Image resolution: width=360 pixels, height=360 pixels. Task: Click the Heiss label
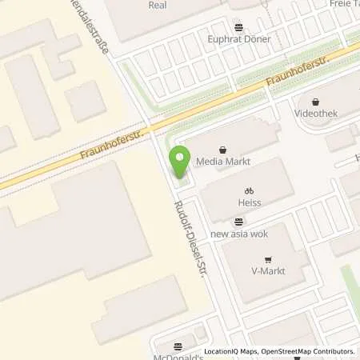249,203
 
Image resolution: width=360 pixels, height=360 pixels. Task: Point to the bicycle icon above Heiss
249,191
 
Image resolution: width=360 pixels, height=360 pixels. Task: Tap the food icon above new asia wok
238,222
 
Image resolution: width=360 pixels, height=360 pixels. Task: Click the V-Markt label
268,270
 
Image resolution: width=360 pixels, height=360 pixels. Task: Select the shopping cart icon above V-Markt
268,258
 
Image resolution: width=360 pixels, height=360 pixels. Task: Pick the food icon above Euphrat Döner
238,26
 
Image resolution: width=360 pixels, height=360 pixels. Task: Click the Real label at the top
158,5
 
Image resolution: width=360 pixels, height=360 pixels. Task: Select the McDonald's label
178,355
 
